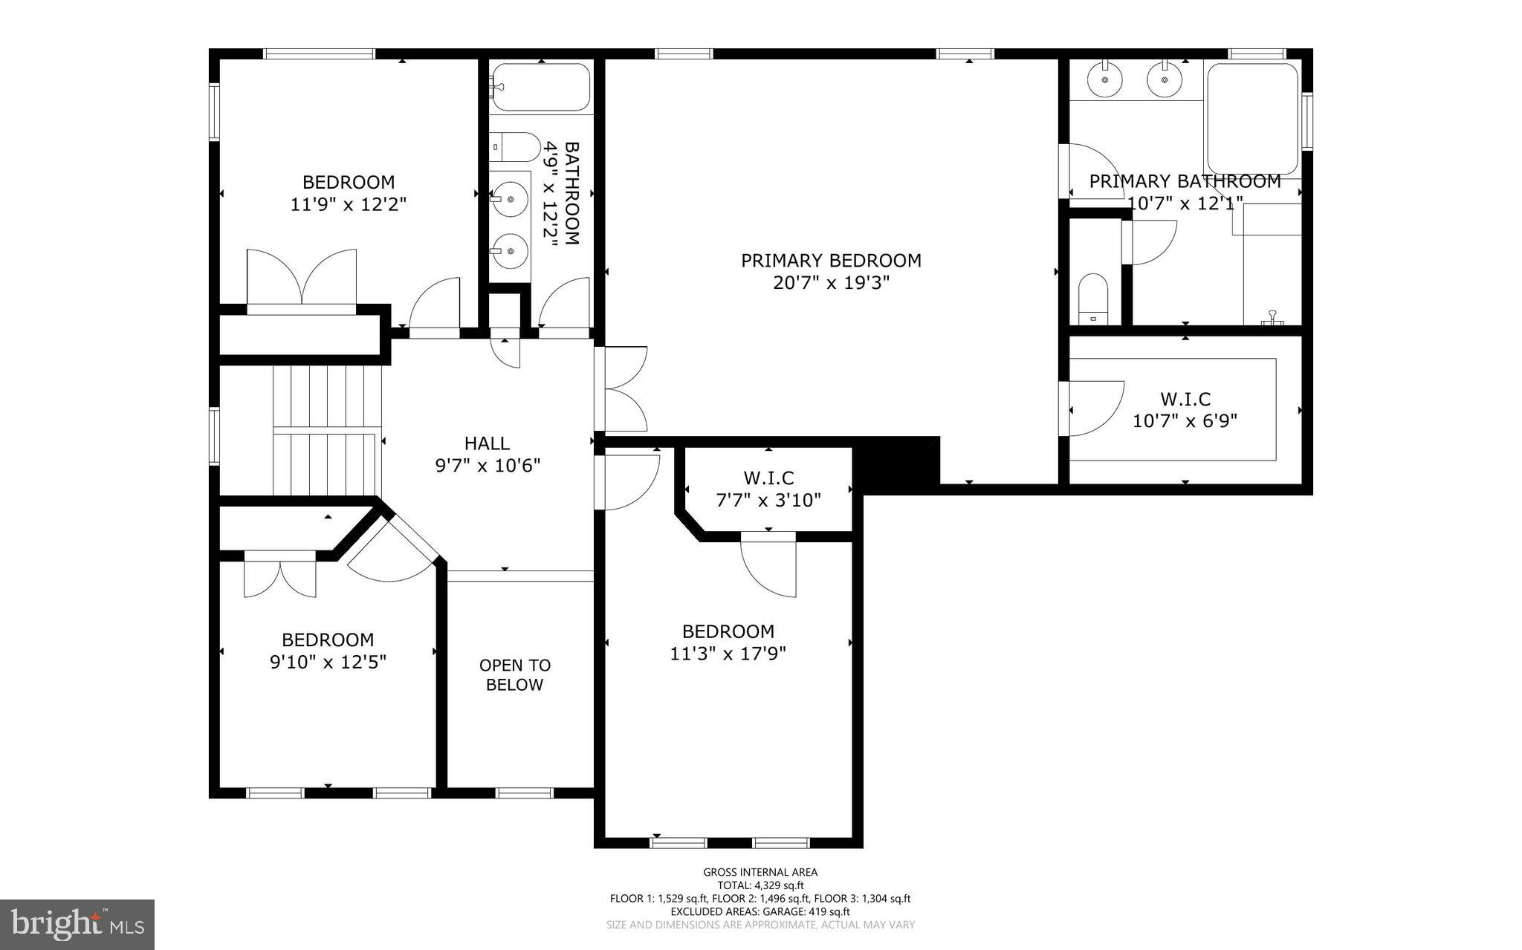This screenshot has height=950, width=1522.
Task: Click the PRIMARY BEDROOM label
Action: point(831,261)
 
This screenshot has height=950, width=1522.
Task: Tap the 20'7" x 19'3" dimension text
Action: point(831,283)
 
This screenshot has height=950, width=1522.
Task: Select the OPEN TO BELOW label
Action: point(514,674)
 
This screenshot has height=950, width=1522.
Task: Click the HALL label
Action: point(487,443)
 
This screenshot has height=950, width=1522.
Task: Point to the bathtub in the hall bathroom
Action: point(541,87)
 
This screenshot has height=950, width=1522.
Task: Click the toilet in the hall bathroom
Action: point(515,147)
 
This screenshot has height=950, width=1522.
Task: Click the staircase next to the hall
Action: point(327,431)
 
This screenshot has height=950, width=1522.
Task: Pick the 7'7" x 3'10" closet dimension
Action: point(768,500)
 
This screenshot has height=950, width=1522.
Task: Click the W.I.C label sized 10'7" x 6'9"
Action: point(1185,400)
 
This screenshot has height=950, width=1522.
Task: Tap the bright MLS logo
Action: point(77,924)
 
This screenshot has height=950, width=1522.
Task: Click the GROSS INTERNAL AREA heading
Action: point(760,872)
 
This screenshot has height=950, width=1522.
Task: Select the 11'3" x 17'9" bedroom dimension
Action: point(728,654)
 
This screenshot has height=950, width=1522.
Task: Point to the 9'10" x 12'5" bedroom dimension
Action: point(328,661)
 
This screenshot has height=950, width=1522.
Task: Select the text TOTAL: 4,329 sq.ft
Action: point(760,885)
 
